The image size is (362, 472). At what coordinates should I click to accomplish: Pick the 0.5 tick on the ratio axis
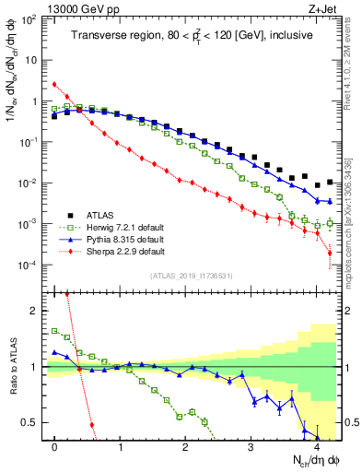(x=30, y=423)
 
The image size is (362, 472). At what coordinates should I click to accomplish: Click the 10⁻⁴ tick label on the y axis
(x=29, y=265)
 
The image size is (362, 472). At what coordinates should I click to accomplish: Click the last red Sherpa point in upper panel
(x=330, y=265)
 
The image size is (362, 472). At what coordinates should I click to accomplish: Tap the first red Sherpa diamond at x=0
(x=54, y=85)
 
